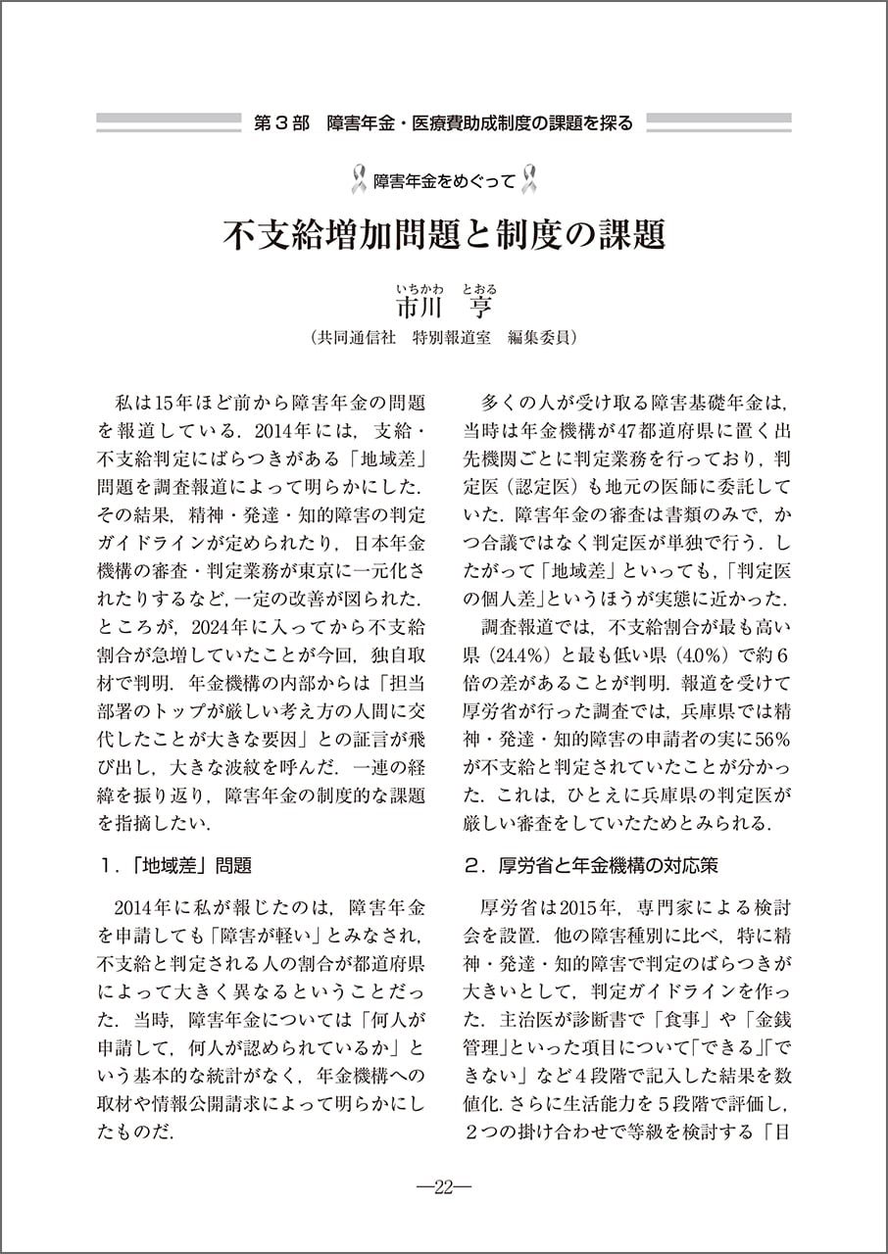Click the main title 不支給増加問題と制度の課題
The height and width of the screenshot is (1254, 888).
444,235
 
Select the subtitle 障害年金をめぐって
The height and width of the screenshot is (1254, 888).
444,180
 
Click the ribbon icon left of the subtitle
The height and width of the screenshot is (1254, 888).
358,180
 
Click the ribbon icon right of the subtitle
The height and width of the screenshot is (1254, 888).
530,180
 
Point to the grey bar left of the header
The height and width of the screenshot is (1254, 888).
168,122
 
